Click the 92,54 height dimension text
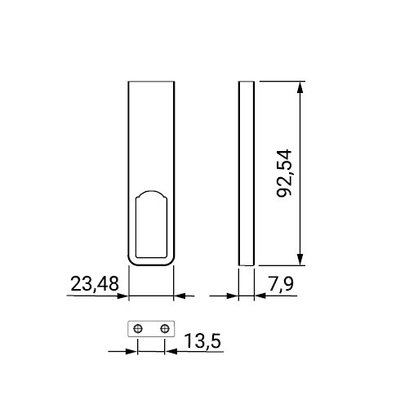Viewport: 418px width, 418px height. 284,173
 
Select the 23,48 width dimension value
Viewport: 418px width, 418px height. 95,284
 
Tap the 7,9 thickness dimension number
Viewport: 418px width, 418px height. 281,284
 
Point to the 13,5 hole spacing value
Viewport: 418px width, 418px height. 202,340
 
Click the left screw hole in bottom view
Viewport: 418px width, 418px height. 138,329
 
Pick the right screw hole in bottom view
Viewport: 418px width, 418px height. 165,329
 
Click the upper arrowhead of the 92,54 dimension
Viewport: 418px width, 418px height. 300,87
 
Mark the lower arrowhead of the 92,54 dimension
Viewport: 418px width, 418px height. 300,260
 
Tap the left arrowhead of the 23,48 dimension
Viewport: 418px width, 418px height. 122,296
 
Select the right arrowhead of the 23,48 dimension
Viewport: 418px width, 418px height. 180,296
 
